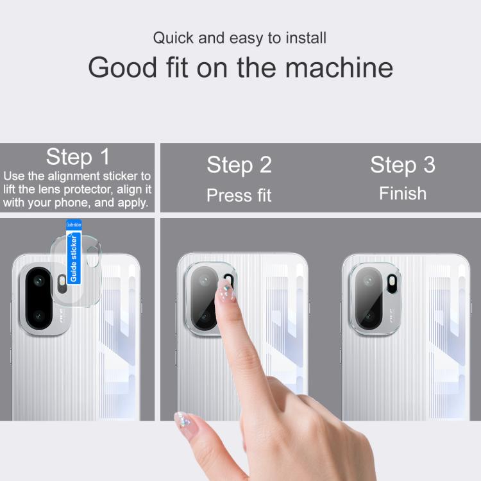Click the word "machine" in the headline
pos(339,67)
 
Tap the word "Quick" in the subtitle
pos(173,38)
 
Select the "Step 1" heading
pos(78,156)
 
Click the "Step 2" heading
pos(239,165)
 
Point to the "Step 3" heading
pos(403,165)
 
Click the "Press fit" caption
pos(239,195)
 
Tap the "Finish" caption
pos(403,193)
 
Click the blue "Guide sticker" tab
pos(74,252)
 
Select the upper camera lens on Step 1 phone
pos(39,280)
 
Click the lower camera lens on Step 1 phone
pos(39,316)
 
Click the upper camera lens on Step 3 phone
pos(369,281)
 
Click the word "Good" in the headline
pos(122,67)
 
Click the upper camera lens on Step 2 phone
pos(204,280)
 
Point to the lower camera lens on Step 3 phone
pos(369,316)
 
